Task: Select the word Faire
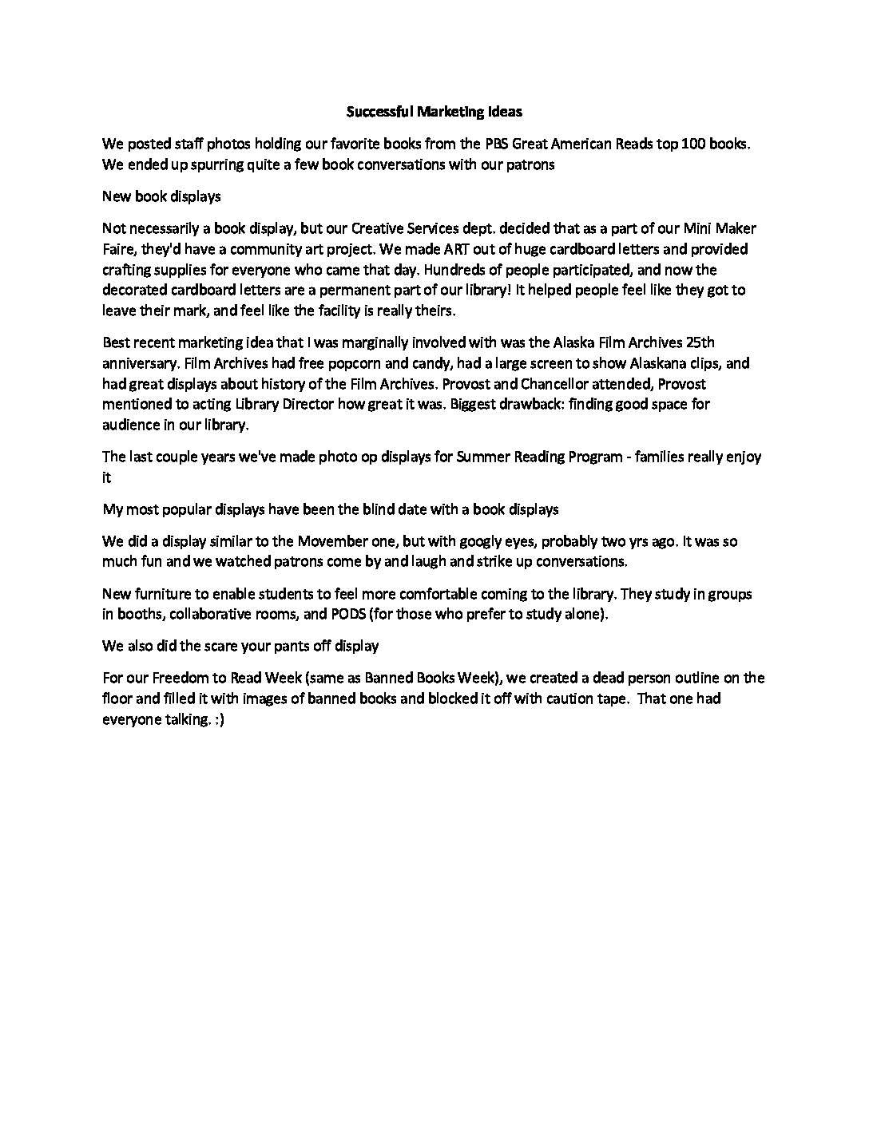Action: click(119, 249)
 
